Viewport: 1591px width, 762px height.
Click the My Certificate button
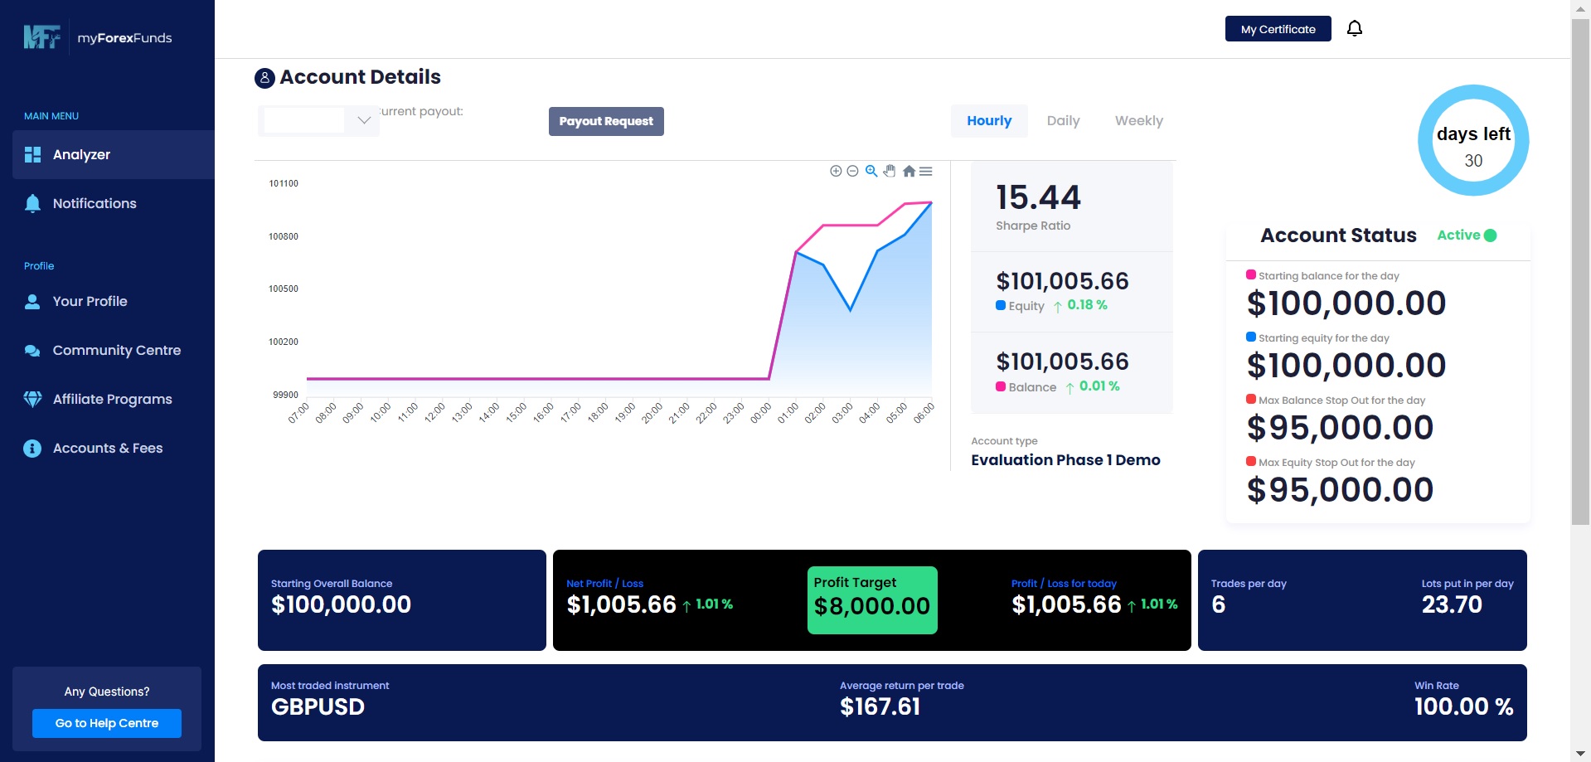pos(1278,29)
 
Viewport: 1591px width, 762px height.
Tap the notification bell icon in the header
pos(1354,29)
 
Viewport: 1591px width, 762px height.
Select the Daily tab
pos(1063,121)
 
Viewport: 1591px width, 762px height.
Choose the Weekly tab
pos(1138,121)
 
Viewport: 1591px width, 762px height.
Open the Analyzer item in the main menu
pos(81,155)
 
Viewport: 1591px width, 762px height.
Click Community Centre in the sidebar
pos(116,351)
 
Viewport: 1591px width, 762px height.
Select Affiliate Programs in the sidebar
pos(112,400)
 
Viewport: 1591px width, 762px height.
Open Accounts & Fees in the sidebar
pos(108,449)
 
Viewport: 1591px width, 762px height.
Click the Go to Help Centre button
pos(107,723)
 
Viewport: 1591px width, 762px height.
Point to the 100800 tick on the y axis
pos(284,236)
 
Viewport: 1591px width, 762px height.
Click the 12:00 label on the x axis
pos(434,412)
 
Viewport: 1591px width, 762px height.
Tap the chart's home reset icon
pos(909,172)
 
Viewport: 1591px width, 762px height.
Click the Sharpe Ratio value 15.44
pos(1038,197)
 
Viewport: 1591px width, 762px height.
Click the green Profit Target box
pos(872,600)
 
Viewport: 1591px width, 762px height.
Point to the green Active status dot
pos(1490,235)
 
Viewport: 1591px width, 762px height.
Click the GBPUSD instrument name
pos(318,707)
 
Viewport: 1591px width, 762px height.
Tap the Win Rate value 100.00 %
pos(1463,707)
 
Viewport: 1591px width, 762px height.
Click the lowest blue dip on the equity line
pos(850,311)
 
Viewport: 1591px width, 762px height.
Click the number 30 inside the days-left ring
pos(1473,161)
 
